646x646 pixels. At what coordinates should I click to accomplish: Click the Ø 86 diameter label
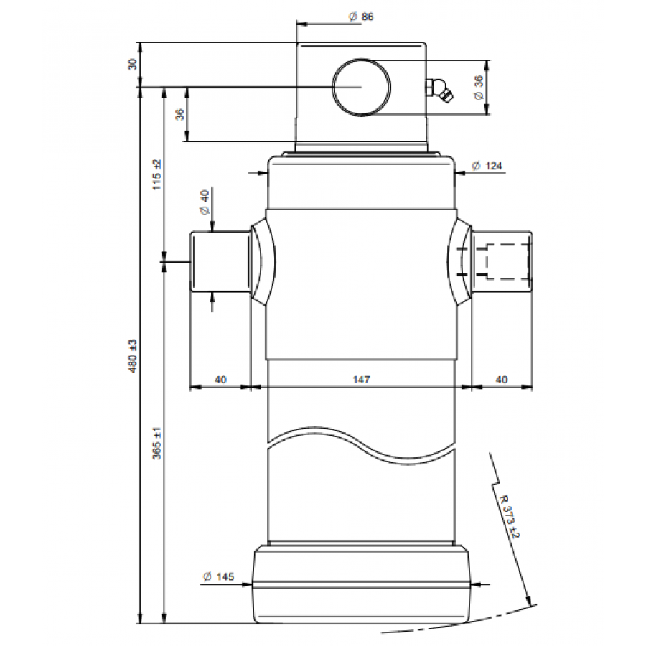[x=361, y=17]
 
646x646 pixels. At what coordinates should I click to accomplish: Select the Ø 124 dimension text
[x=487, y=166]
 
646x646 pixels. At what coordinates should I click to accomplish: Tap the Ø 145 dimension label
[x=219, y=576]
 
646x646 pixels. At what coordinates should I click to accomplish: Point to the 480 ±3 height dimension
[x=133, y=356]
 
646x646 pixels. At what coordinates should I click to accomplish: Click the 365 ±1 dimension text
[x=157, y=444]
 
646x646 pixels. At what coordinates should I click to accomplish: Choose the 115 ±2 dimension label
[x=157, y=174]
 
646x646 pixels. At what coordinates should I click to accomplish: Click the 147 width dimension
[x=361, y=379]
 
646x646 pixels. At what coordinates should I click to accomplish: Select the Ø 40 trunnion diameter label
[x=205, y=202]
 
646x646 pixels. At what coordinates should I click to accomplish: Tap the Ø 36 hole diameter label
[x=479, y=88]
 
